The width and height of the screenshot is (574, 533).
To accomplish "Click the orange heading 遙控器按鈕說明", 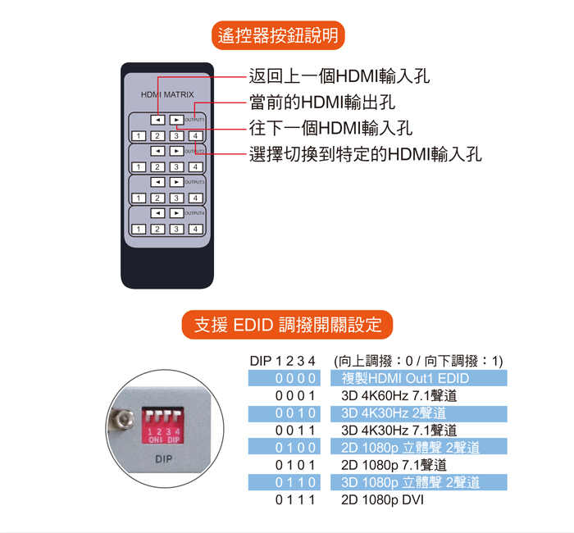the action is tap(278, 35).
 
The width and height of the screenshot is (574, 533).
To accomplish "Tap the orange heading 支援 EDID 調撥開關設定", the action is tap(287, 325).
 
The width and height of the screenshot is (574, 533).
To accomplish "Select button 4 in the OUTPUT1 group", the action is tap(195, 136).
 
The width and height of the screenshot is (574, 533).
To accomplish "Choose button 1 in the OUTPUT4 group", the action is tap(139, 229).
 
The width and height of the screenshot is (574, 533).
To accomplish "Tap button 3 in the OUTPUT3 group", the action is tap(176, 198).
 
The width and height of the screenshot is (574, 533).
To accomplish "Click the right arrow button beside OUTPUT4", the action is tap(176, 213).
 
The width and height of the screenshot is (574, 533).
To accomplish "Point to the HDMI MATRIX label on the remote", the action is tap(167, 94).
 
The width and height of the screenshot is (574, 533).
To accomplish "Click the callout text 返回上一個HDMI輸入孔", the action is tap(339, 76).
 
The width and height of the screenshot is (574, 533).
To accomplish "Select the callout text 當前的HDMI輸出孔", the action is tap(322, 102).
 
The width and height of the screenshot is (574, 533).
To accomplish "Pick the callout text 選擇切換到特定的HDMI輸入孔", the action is tap(366, 154).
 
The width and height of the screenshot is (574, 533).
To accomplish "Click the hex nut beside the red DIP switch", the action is tap(125, 420).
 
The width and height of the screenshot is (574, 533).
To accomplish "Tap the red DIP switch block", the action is tap(162, 426).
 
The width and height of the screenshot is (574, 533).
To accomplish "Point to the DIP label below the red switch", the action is tap(164, 459).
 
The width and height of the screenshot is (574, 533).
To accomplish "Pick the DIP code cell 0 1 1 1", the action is tap(295, 499).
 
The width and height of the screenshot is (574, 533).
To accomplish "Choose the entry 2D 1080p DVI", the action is tap(382, 499).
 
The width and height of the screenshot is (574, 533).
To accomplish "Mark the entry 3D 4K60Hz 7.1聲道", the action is tap(399, 396).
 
